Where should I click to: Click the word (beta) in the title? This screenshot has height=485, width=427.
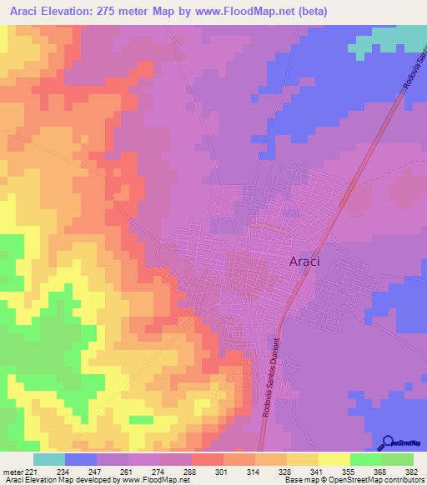[x=309, y=12]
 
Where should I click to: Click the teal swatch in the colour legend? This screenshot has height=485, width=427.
[x=49, y=459]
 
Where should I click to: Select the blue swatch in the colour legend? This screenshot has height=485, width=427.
[x=81, y=459]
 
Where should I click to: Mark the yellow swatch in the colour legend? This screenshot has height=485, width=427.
[x=334, y=459]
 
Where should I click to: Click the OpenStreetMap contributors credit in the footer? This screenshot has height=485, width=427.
[x=374, y=480]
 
